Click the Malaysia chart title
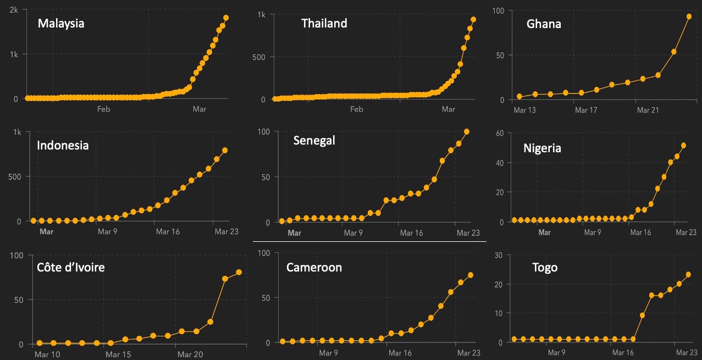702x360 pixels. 60,24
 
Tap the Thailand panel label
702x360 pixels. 324,23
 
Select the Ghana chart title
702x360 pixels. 544,24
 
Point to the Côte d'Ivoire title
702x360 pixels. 71,268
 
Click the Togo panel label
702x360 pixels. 544,268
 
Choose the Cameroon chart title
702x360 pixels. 314,268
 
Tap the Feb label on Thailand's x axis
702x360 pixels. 357,109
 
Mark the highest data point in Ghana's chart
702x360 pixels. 689,16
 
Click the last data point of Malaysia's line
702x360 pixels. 226,18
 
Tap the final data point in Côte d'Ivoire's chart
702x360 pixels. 239,272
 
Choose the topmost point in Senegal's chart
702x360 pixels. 467,131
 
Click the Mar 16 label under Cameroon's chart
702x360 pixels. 400,353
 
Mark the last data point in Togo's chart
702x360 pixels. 688,274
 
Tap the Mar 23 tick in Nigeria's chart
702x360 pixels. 686,232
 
